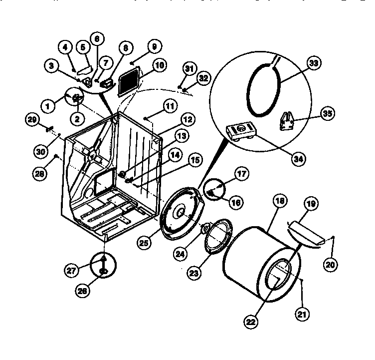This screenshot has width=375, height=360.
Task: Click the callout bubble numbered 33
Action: point(315,63)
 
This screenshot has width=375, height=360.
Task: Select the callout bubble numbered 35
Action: point(327,114)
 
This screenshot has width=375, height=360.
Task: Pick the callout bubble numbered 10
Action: point(159,66)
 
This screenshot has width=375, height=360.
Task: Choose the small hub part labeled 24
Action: point(205,229)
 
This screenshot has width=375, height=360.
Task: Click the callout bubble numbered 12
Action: point(187,120)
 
